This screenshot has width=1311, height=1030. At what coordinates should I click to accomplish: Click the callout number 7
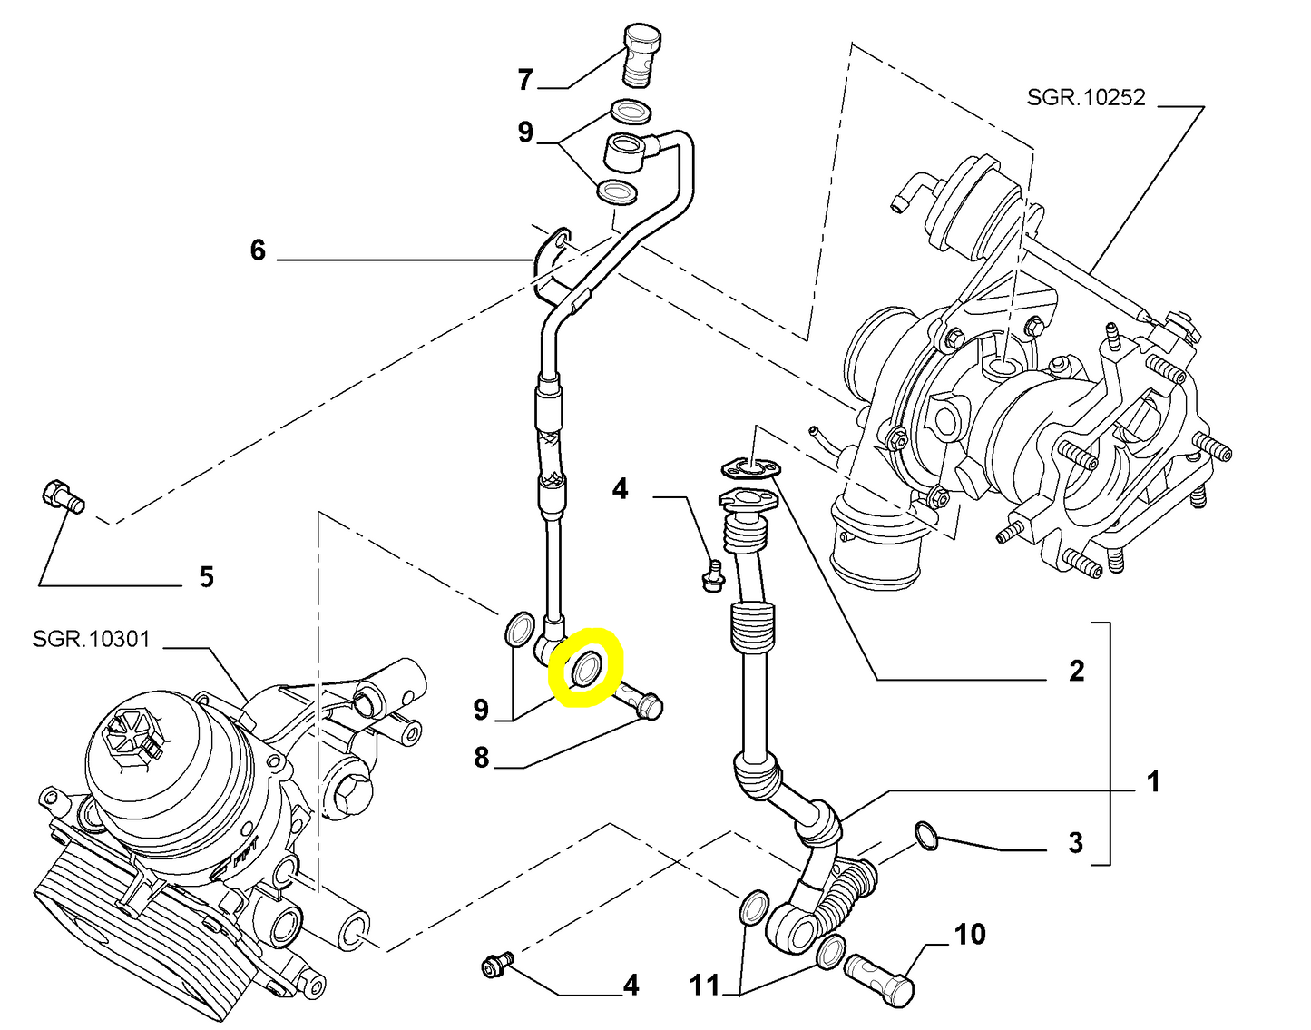(x=525, y=81)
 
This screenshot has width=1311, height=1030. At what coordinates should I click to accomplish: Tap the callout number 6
(x=258, y=250)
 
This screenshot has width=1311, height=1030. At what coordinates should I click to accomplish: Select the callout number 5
(x=206, y=576)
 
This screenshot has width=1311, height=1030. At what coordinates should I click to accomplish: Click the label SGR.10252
(x=1086, y=97)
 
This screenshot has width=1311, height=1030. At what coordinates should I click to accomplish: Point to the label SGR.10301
(x=91, y=639)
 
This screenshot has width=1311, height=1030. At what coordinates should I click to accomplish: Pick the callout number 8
(x=481, y=757)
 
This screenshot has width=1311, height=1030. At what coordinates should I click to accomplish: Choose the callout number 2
(x=1076, y=671)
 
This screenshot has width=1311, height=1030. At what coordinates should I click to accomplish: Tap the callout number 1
(x=1153, y=781)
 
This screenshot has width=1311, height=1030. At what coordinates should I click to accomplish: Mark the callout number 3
(x=1075, y=842)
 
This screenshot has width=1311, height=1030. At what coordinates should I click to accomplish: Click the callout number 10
(x=969, y=934)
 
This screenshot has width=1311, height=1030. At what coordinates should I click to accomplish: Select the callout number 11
(x=704, y=985)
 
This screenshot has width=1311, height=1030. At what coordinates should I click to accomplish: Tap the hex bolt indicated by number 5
(x=62, y=496)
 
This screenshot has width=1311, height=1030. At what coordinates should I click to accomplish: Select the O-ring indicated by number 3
(x=925, y=836)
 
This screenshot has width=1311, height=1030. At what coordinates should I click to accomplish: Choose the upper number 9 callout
(x=525, y=132)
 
